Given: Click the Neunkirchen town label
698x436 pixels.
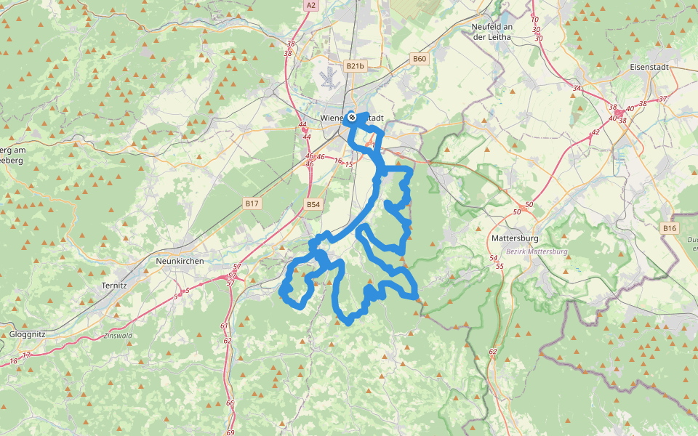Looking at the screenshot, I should click(x=180, y=261).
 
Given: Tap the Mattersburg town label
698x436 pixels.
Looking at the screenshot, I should click(x=514, y=238).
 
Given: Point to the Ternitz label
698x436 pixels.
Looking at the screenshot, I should click(x=115, y=286).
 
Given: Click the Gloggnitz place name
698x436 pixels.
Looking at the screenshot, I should click(x=30, y=334).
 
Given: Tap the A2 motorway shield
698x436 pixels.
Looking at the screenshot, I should click(x=311, y=5).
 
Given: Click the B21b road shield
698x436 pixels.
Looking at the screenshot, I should click(x=355, y=66).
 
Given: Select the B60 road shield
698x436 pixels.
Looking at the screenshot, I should click(x=419, y=59).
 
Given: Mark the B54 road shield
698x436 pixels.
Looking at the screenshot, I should click(x=313, y=205).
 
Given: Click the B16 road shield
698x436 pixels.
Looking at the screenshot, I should click(x=669, y=229).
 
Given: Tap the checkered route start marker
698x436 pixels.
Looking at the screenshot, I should click(x=352, y=116).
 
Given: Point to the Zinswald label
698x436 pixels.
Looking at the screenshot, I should click(x=118, y=336).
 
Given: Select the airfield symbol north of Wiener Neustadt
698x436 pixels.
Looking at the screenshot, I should click(x=332, y=77).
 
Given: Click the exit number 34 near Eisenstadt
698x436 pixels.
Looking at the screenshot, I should click(x=577, y=89).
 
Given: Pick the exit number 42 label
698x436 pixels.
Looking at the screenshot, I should click(x=595, y=132).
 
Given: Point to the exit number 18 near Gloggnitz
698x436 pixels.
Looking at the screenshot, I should click(x=14, y=361).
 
